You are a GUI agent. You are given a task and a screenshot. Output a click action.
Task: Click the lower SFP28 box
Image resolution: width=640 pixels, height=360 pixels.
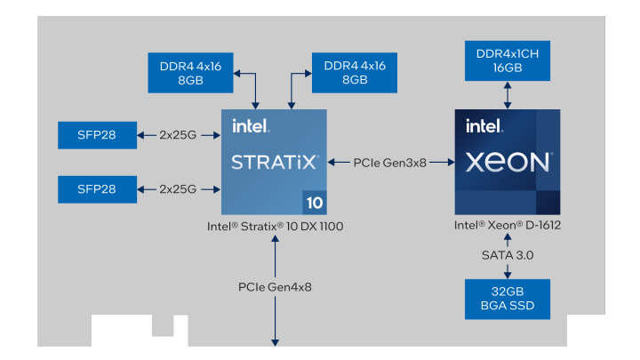97,188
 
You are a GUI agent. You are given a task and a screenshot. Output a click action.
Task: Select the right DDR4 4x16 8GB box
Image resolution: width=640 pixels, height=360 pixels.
354,72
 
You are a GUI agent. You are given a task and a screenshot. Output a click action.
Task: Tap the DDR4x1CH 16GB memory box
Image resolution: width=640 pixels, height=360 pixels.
507,60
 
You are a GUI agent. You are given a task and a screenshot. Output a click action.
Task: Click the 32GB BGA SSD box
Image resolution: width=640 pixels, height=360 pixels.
507,300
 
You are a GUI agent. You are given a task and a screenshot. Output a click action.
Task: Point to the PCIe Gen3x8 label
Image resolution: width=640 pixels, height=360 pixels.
389,163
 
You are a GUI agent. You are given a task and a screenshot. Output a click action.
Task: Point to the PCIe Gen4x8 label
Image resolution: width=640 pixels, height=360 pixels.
275,287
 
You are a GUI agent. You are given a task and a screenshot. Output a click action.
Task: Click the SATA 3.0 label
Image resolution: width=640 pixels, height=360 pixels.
507,255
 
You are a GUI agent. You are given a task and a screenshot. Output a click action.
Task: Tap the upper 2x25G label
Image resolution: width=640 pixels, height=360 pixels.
178,135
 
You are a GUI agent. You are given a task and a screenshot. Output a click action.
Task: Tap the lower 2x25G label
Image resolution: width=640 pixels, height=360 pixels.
178,188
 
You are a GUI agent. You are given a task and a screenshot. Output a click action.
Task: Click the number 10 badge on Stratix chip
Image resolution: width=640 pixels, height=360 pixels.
315,203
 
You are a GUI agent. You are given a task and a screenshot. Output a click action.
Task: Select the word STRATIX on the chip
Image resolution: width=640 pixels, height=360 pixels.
273,163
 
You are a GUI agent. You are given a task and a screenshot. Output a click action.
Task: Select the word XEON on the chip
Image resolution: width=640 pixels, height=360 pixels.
507,163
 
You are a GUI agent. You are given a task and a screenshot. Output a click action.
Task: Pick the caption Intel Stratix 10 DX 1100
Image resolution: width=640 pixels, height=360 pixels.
275,227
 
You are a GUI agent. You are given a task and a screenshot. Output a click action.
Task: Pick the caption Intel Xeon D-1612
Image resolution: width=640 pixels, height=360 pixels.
507,226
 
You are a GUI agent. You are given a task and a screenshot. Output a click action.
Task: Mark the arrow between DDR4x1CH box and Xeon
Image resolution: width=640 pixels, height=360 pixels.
507,94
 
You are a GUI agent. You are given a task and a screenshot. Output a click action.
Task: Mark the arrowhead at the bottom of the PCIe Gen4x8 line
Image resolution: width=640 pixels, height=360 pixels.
275,341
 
